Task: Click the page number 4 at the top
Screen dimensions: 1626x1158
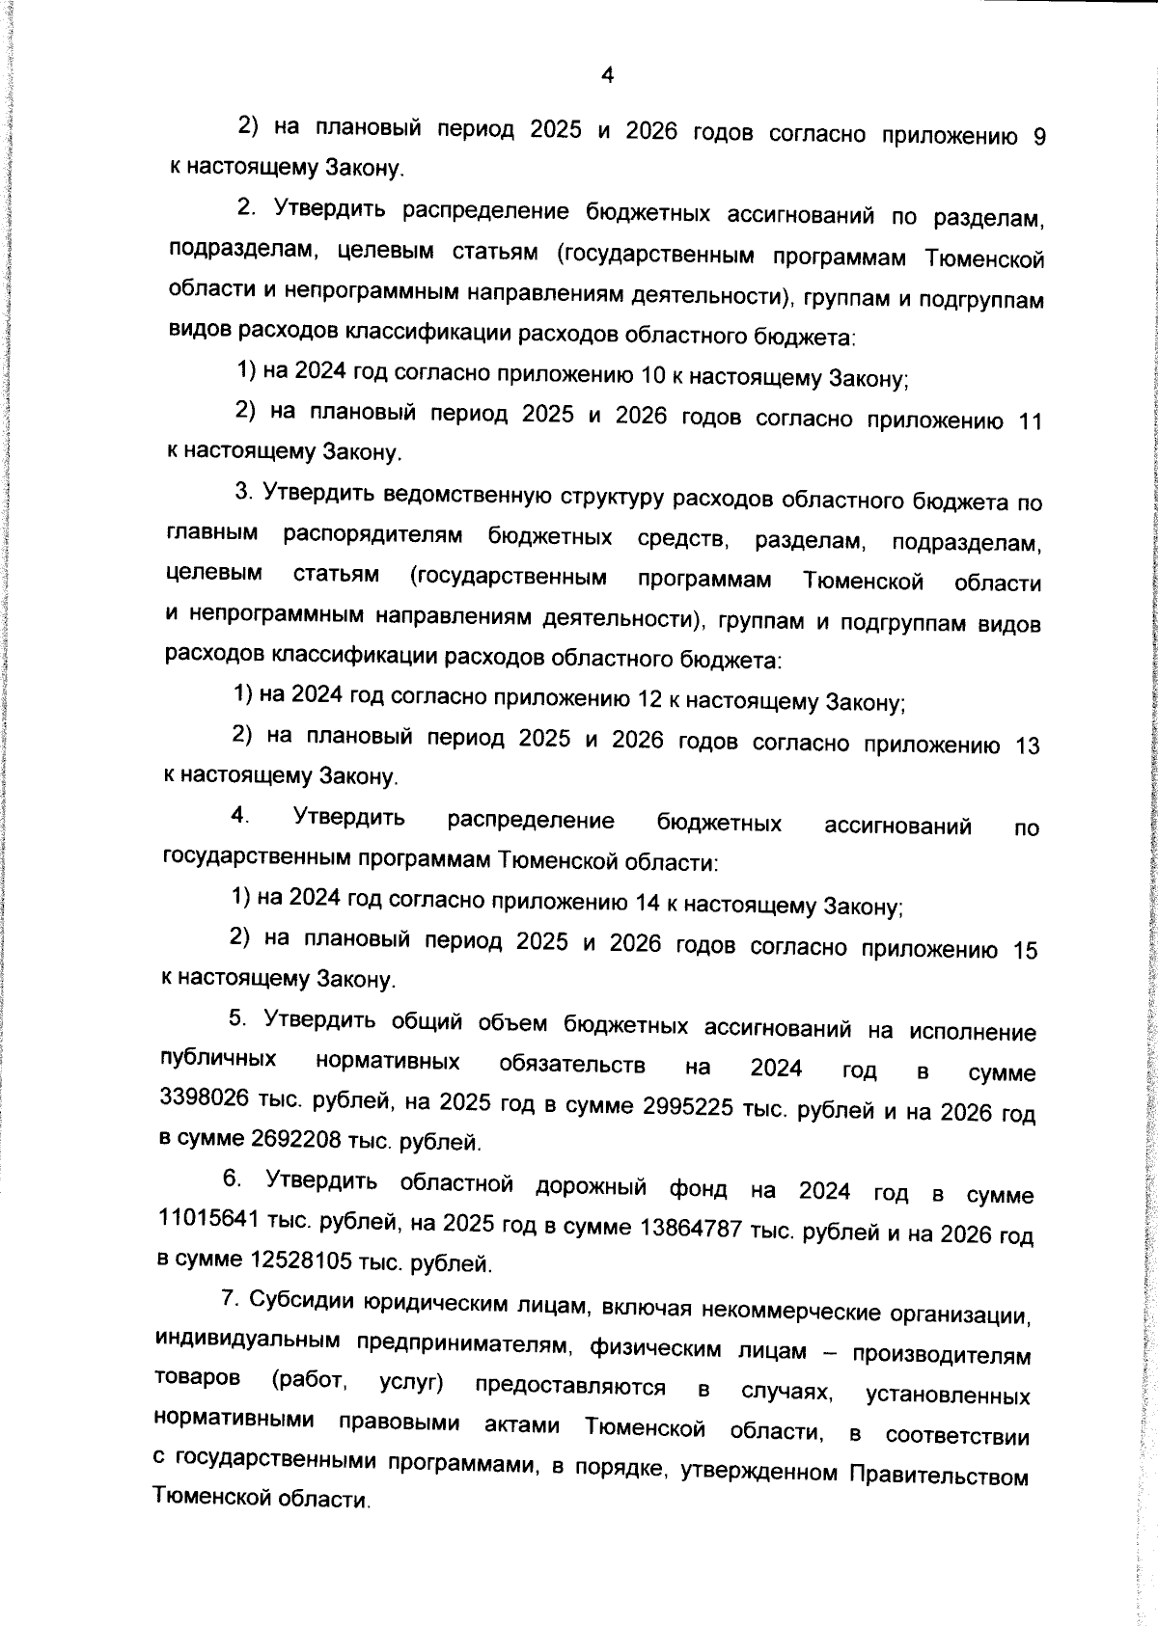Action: pyautogui.click(x=607, y=75)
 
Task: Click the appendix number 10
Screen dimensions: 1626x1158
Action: pyautogui.click(x=653, y=375)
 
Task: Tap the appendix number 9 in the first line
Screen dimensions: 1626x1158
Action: pyautogui.click(x=1038, y=138)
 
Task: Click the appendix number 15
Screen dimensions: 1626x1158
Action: pyautogui.click(x=1025, y=951)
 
